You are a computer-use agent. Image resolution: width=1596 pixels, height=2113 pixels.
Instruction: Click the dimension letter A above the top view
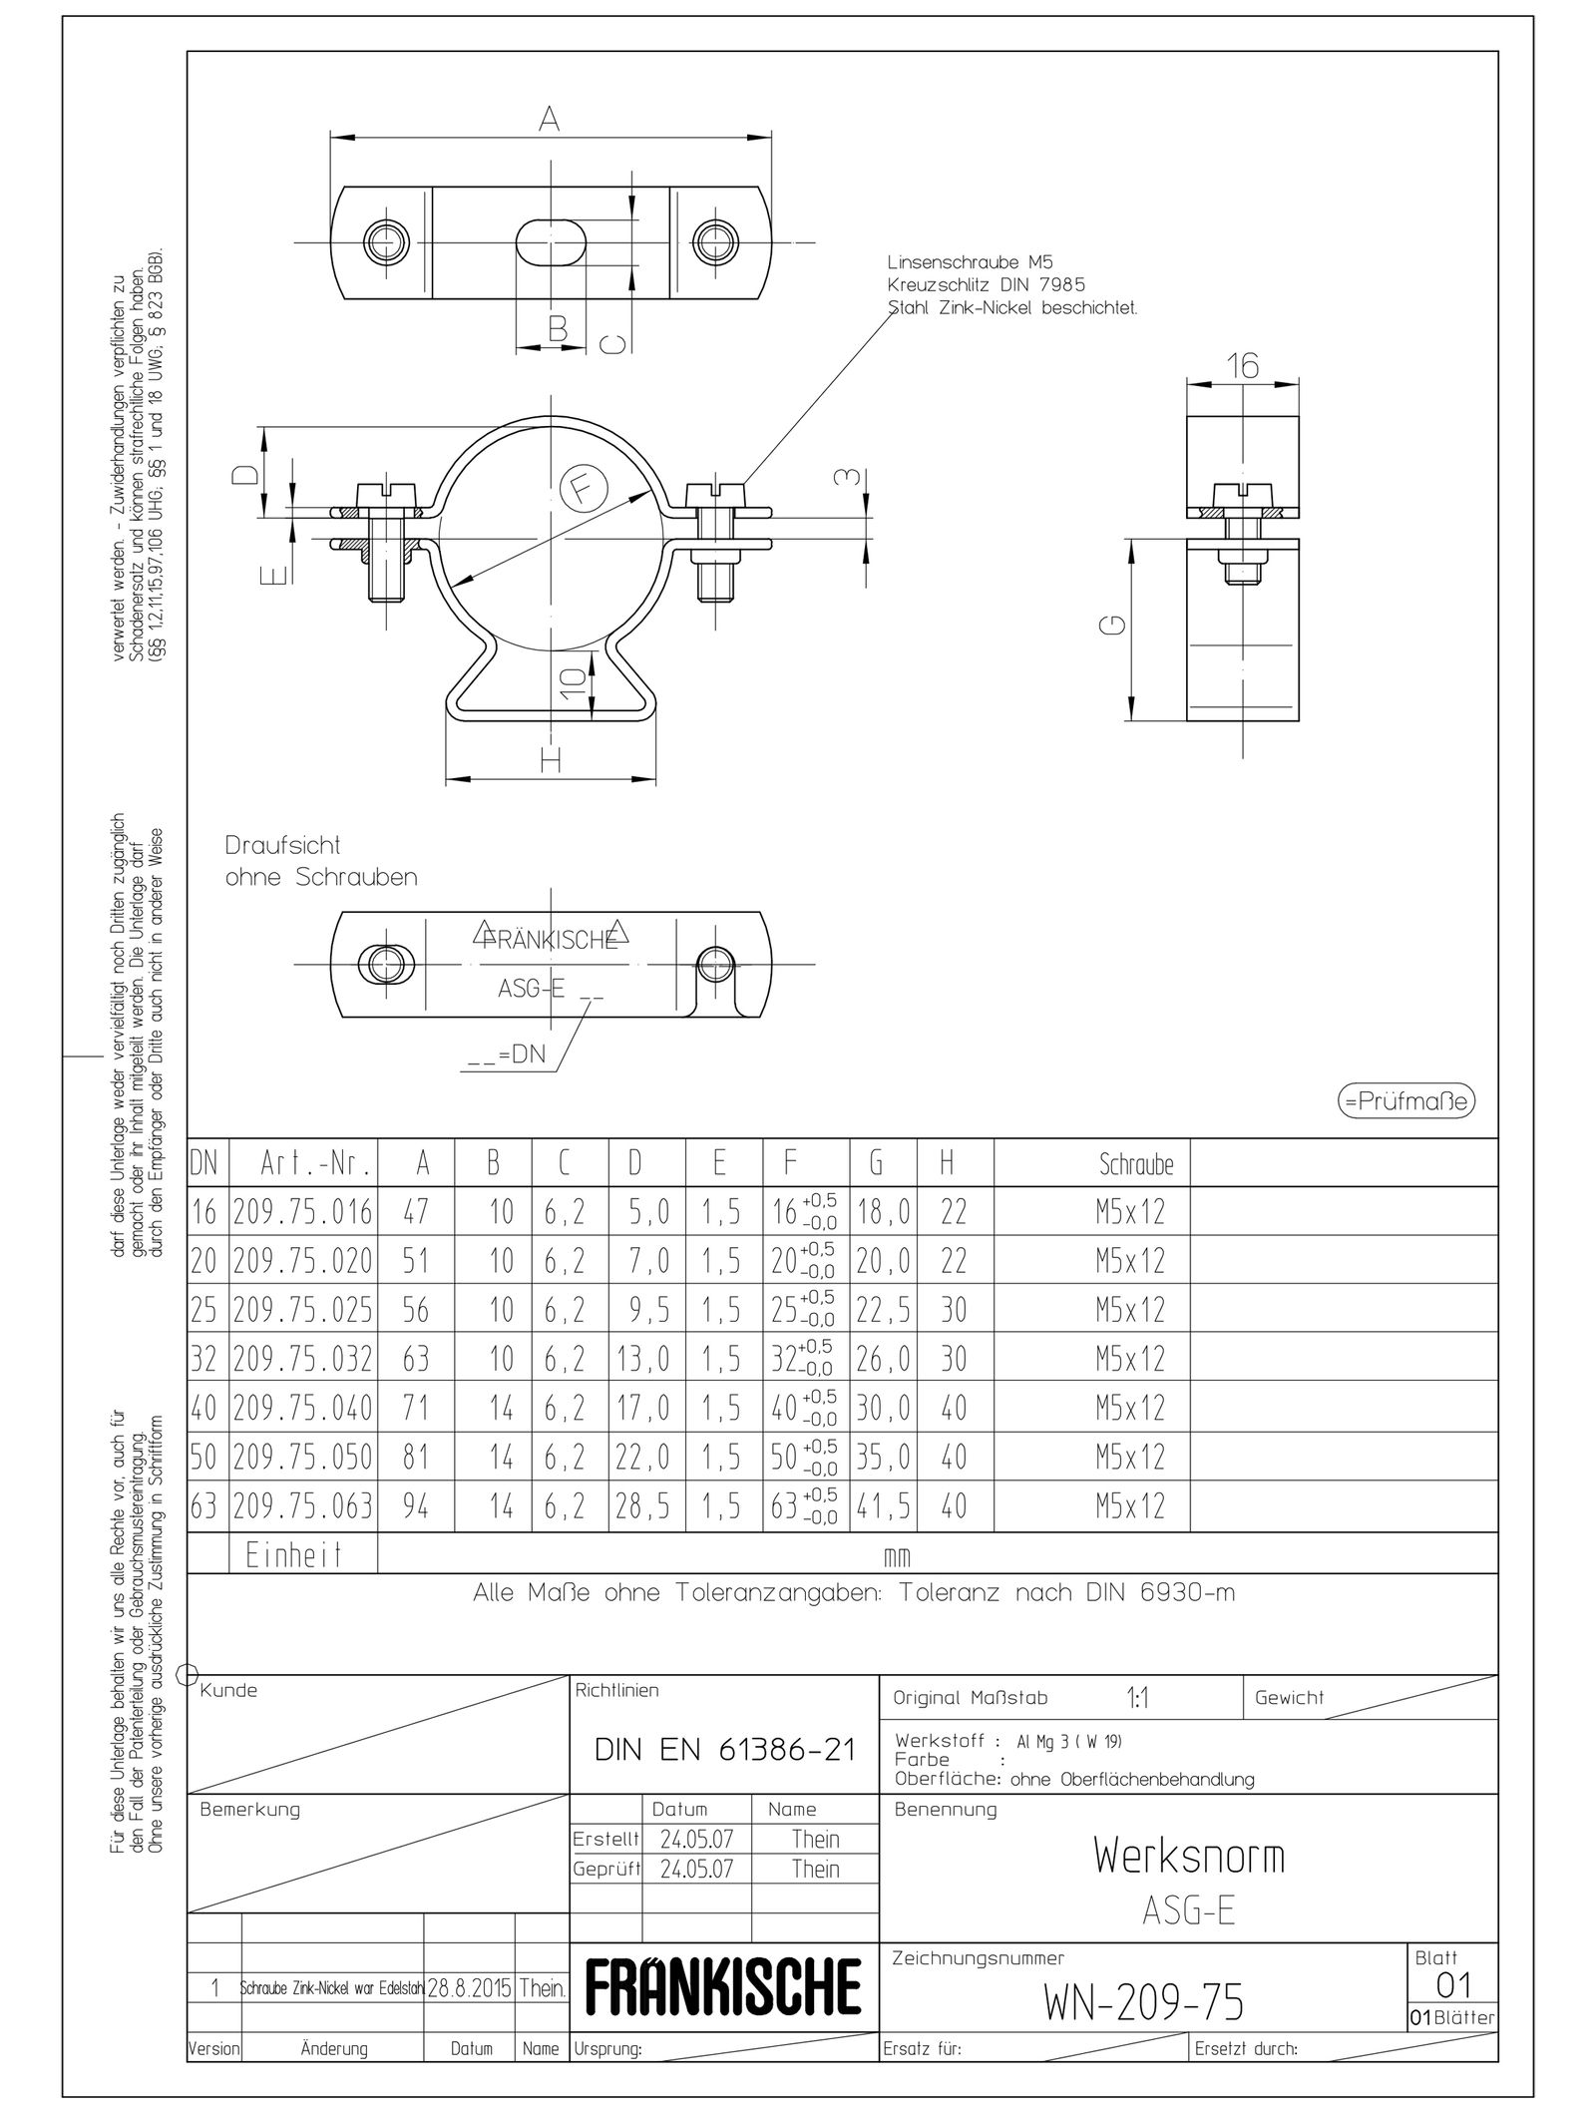(550, 119)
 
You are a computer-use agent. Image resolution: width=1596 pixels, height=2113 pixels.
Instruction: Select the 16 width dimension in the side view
(1243, 366)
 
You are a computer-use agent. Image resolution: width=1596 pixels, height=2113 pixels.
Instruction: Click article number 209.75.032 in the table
(303, 1358)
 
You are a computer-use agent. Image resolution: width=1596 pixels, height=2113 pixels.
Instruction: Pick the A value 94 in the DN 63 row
(416, 1505)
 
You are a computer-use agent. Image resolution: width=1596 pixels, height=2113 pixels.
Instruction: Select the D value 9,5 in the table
(648, 1309)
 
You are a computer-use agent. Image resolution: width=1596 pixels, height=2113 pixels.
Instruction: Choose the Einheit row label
(294, 1554)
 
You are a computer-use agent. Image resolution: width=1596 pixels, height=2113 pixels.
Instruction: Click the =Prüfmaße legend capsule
(1405, 1101)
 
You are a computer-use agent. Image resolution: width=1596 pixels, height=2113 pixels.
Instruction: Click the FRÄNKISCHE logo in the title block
(724, 1986)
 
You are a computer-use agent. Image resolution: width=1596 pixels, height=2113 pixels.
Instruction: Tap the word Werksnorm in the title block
(1189, 1855)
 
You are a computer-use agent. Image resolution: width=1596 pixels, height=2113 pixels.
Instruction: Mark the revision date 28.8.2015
(470, 1988)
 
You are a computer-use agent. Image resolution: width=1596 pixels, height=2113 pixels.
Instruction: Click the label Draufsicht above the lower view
(282, 845)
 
